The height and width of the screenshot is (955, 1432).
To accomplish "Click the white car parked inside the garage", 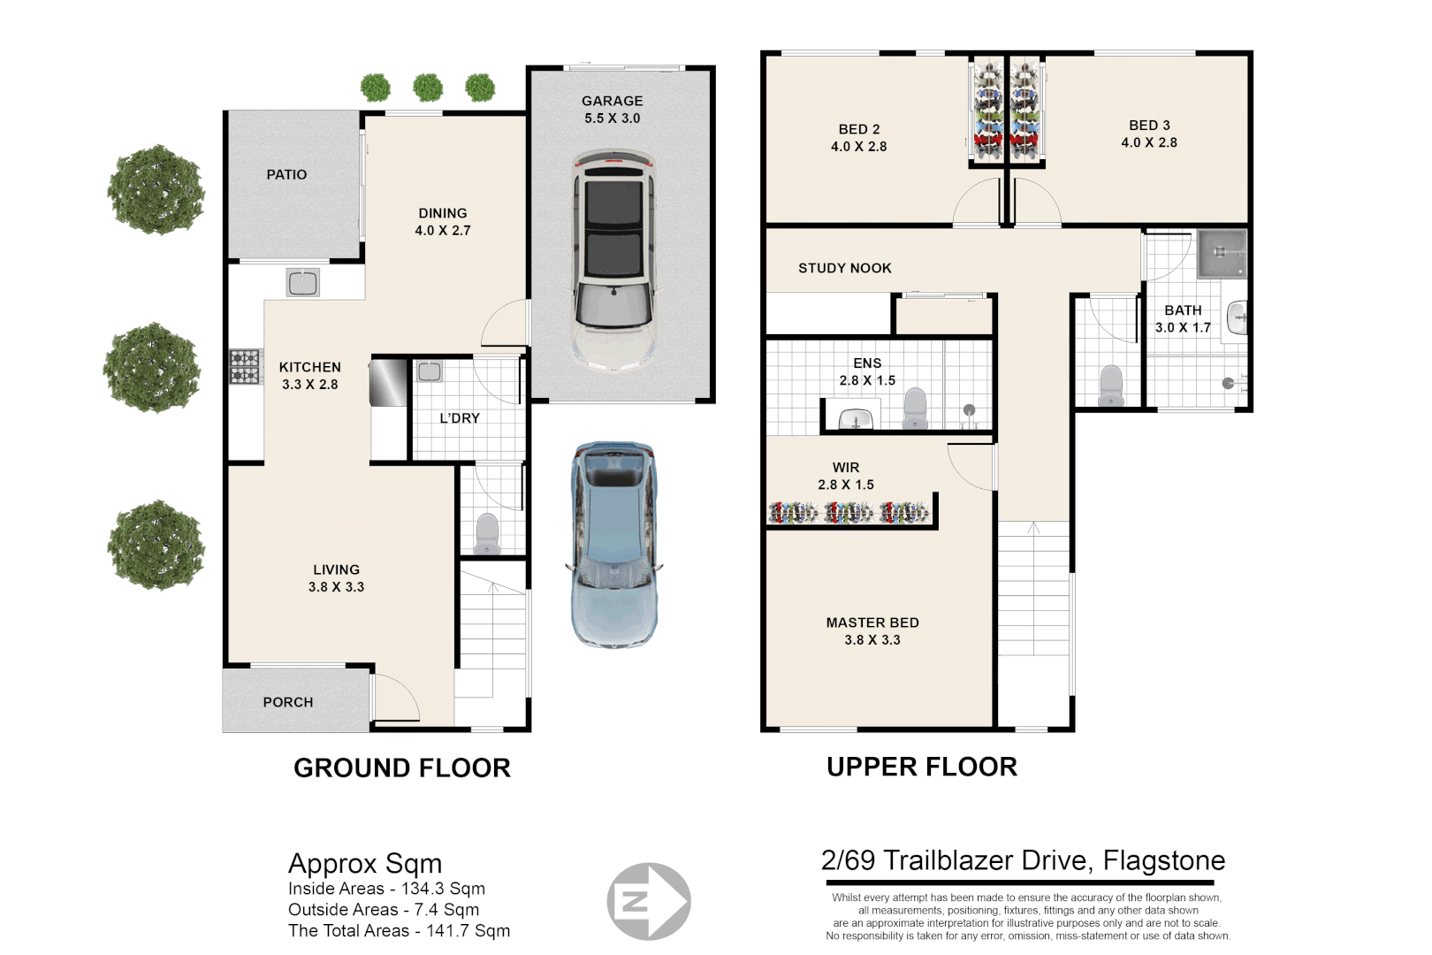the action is [613, 263].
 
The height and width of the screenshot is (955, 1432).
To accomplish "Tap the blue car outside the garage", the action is [613, 545].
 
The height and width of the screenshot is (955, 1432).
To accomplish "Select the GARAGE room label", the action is [612, 101].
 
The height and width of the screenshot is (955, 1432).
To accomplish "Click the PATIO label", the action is [286, 174].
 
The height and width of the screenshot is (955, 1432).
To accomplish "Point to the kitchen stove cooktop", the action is [246, 366].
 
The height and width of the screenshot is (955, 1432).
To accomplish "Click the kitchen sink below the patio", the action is [303, 282].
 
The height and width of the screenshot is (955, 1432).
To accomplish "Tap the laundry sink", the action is [429, 371].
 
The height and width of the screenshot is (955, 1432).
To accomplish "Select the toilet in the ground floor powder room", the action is [487, 533].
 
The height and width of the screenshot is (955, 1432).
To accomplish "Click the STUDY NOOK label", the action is [844, 268].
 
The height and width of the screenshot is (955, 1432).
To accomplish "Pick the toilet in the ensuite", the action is [915, 409].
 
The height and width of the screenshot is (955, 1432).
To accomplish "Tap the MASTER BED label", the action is [872, 623].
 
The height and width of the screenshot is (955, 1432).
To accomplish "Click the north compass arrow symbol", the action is [648, 901].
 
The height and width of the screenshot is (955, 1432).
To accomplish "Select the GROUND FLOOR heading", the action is [402, 768].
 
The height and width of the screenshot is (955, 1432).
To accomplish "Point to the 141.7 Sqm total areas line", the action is [399, 931].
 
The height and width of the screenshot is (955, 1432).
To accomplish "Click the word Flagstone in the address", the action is [1164, 861].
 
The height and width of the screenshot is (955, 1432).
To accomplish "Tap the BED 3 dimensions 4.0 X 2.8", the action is [1149, 142].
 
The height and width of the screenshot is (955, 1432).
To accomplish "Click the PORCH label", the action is [287, 702].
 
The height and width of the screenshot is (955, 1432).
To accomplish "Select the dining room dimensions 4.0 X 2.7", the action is [442, 230].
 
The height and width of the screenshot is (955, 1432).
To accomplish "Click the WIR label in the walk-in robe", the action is [846, 468].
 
